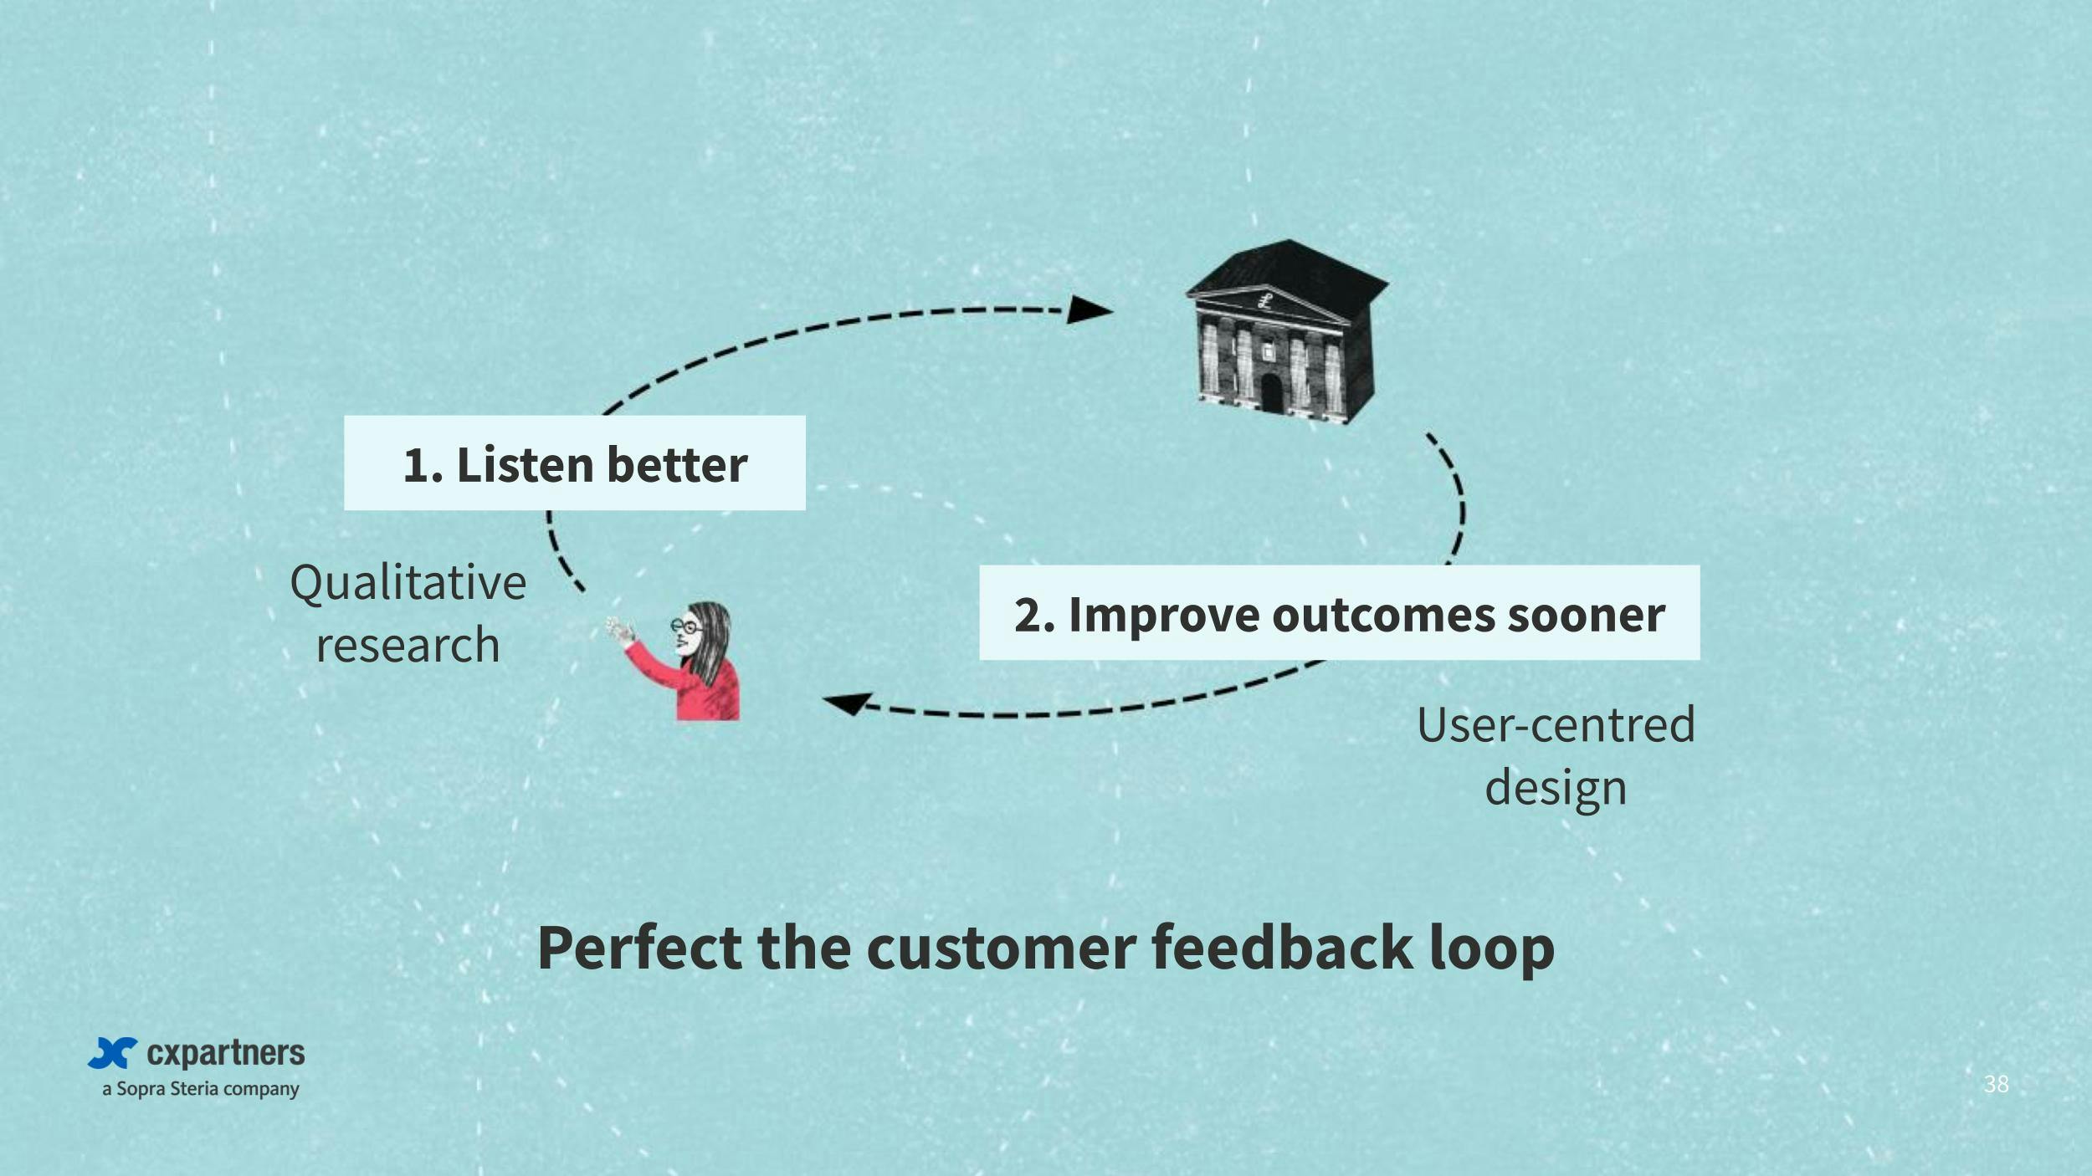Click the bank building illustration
click(1286, 332)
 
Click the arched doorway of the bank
click(1272, 393)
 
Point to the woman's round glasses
click(686, 625)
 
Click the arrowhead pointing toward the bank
click(1090, 309)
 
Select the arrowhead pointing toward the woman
click(848, 703)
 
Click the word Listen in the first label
click(525, 465)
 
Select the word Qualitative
click(408, 583)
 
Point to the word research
click(408, 645)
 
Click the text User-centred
click(1556, 724)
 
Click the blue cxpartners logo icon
click(113, 1053)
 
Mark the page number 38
click(1996, 1084)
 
